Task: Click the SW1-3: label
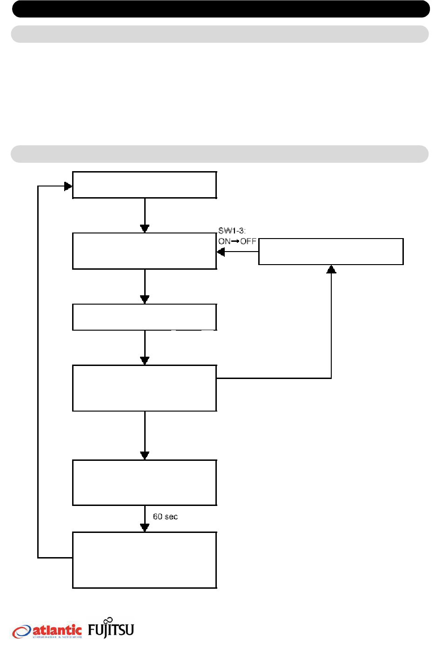[232, 231]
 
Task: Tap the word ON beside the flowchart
[224, 241]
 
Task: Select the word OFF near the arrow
[248, 241]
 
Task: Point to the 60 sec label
[165, 517]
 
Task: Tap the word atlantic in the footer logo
[57, 630]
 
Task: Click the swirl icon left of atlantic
[22, 632]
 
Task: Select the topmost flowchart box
[144, 185]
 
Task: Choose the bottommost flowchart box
[144, 560]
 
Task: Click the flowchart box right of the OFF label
[331, 252]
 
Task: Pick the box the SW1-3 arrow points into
[144, 251]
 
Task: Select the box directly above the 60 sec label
[144, 482]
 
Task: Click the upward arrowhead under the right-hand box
[331, 269]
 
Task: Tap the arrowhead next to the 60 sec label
[145, 528]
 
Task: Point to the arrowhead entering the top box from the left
[68, 186]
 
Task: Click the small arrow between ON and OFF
[235, 241]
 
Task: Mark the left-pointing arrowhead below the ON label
[221, 252]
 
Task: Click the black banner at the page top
[221, 9]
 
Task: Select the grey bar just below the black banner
[220, 34]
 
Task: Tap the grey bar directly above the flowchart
[220, 154]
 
